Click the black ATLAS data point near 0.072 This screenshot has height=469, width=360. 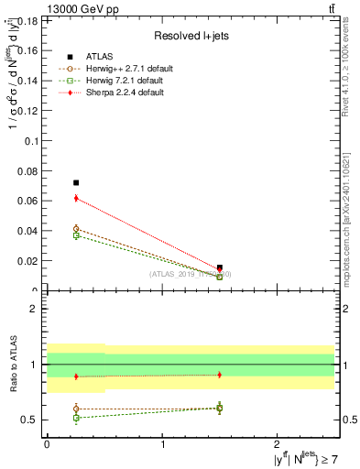[76, 183]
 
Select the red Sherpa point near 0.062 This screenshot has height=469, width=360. [76, 198]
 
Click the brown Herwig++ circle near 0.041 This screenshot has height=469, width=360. [76, 229]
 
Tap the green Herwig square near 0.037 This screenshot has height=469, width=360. [76, 235]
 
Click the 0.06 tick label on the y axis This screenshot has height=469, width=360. [28, 201]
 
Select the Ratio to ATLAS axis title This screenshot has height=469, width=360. [12, 364]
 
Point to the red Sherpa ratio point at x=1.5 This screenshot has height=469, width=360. [219, 375]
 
